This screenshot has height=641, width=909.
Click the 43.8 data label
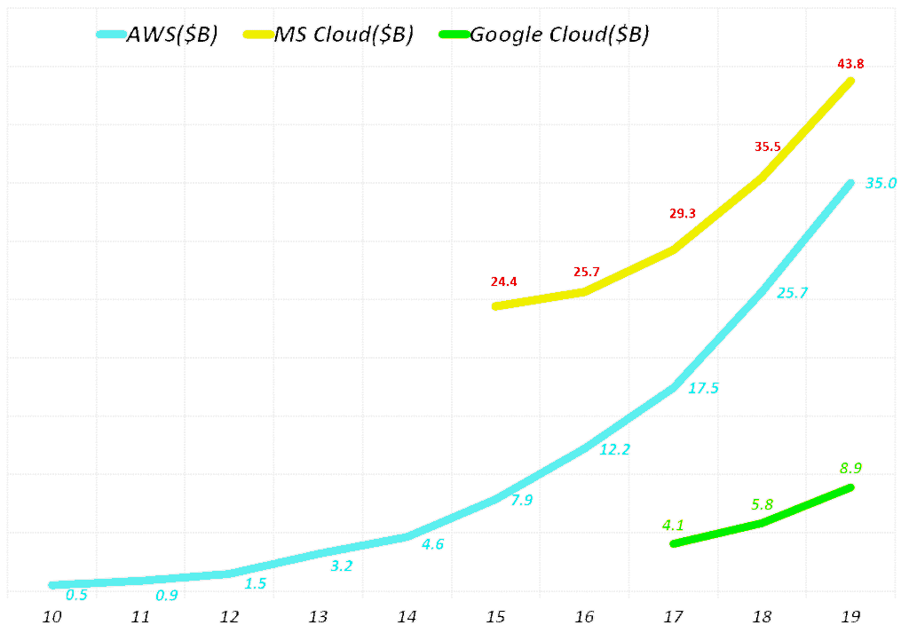point(850,63)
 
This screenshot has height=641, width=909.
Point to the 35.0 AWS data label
point(881,184)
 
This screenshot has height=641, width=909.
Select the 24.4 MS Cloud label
point(503,282)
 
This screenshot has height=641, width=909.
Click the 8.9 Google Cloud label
point(850,468)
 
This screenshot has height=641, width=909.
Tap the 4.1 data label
point(673,524)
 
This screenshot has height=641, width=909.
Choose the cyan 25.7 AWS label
point(792,293)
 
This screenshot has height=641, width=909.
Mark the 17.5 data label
point(703,388)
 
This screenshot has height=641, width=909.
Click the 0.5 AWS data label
point(77,595)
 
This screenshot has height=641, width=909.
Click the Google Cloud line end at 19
point(850,487)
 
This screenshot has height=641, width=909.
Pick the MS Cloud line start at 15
point(496,306)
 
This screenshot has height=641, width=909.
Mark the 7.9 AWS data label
point(521,501)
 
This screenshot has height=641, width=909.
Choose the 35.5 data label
point(767,146)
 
